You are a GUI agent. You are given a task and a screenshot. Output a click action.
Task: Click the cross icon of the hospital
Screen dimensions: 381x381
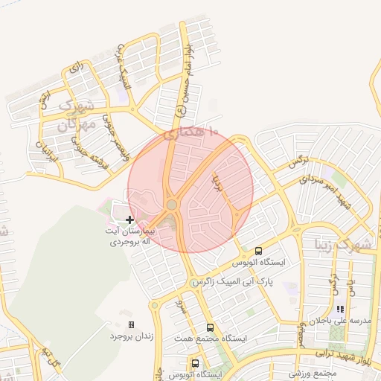(x=129, y=220)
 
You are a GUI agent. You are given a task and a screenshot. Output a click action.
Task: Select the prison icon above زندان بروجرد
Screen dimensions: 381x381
(x=132, y=324)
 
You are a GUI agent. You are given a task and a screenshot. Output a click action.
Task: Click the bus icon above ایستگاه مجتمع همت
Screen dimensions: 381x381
(x=210, y=327)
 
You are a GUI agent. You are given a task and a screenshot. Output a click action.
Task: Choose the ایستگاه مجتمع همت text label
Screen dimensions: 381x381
(x=211, y=339)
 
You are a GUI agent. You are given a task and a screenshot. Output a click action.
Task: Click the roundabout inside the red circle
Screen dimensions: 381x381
(x=172, y=204)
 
